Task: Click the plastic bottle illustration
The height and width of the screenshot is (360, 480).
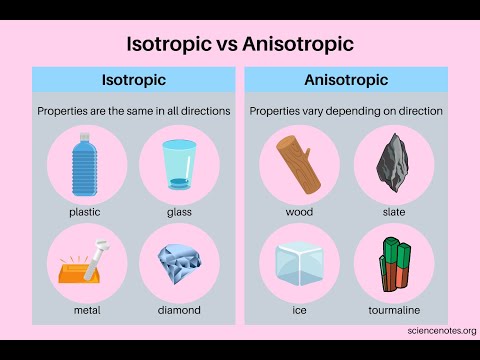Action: point(85,166)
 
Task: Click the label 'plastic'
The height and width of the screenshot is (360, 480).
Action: point(85,212)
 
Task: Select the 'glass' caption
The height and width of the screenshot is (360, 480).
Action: point(180,212)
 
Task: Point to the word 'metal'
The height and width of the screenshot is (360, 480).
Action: point(87,310)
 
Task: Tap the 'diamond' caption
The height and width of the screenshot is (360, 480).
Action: point(180,310)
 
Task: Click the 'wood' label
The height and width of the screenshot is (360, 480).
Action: point(298,212)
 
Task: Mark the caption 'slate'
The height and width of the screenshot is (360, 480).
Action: point(393,212)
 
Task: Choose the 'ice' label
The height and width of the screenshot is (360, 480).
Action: point(298,310)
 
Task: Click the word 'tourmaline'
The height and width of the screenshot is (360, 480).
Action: point(393,310)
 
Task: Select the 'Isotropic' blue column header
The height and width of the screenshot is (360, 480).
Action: point(134,79)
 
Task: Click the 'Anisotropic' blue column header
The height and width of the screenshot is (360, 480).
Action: point(345,79)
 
